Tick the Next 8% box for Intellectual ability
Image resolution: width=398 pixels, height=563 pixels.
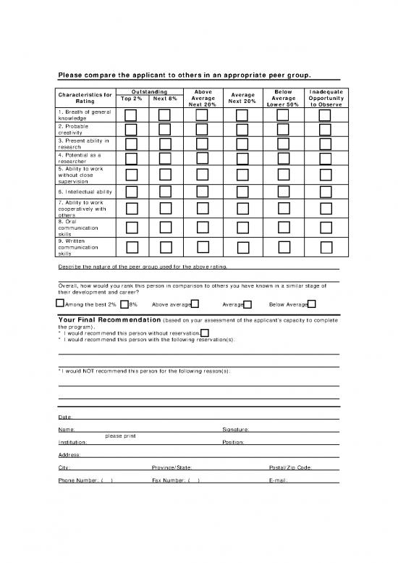[x=165, y=191]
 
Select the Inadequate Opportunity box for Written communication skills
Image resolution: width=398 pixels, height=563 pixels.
[x=325, y=246]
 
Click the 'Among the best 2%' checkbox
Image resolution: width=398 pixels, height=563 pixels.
[x=60, y=304]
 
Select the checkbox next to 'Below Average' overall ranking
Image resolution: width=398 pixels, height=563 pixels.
[x=311, y=304]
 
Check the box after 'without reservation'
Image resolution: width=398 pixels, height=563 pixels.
[x=205, y=331]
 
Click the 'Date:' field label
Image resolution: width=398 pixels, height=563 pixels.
[x=64, y=417]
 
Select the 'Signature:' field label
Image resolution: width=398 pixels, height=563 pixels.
[x=236, y=430]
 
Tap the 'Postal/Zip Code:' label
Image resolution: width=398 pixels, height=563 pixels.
[x=290, y=467]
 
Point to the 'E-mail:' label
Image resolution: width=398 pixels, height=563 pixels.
[x=279, y=481]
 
